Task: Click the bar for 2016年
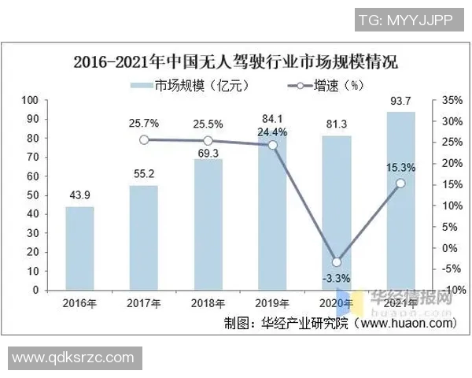79,248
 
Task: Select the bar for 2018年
208,224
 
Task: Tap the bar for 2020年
337,213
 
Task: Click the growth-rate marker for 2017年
144,139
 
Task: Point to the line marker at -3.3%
337,262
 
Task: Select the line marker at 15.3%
401,183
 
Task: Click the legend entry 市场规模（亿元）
180,84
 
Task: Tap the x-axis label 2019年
272,303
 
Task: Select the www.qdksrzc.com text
75,358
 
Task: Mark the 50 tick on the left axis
32,195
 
